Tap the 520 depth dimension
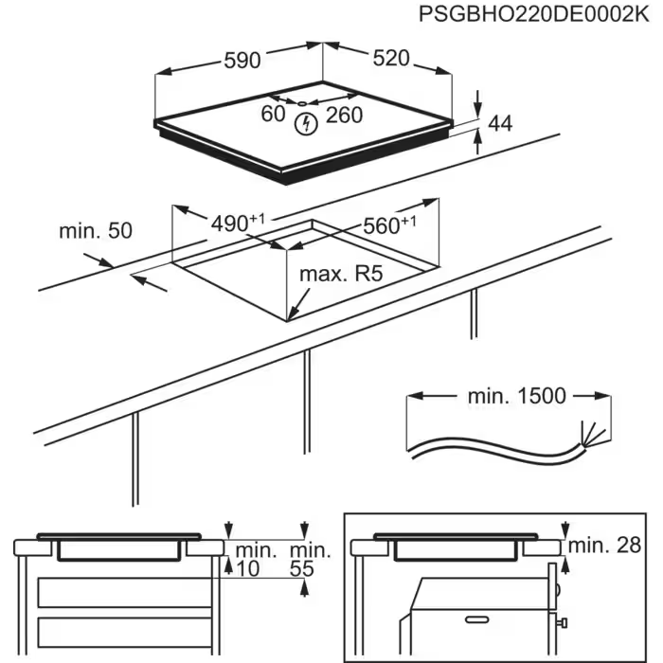pyautogui.click(x=390, y=59)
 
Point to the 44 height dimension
pyautogui.click(x=499, y=123)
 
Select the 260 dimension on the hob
pyautogui.click(x=344, y=116)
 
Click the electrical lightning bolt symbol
pyautogui.click(x=306, y=122)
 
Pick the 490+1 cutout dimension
pyautogui.click(x=237, y=224)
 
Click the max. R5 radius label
pyautogui.click(x=341, y=275)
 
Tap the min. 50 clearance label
pyautogui.click(x=95, y=230)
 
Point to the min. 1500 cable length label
pyautogui.click(x=516, y=396)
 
